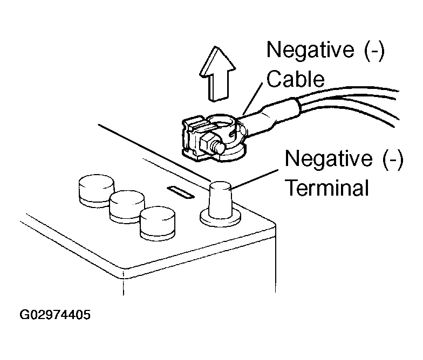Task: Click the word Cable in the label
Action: tap(296, 79)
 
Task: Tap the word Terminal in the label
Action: tap(326, 188)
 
